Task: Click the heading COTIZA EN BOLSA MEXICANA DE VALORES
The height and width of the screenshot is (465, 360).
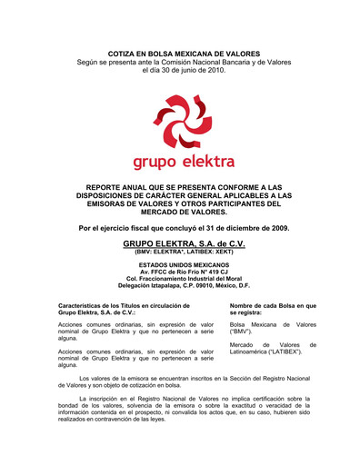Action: tap(184, 54)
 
